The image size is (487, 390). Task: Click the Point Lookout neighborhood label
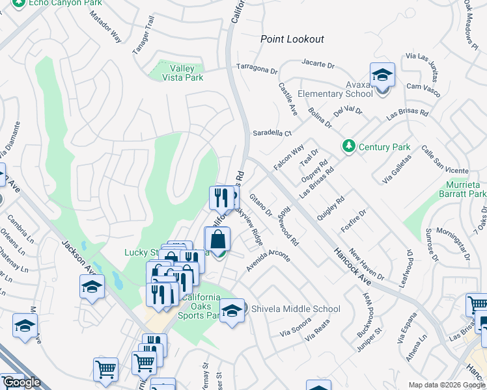292,39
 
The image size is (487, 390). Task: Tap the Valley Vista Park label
177,73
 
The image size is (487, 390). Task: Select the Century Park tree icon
349,147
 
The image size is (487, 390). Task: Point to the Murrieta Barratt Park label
458,189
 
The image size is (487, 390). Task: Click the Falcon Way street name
288,158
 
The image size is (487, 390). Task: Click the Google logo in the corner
21,382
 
